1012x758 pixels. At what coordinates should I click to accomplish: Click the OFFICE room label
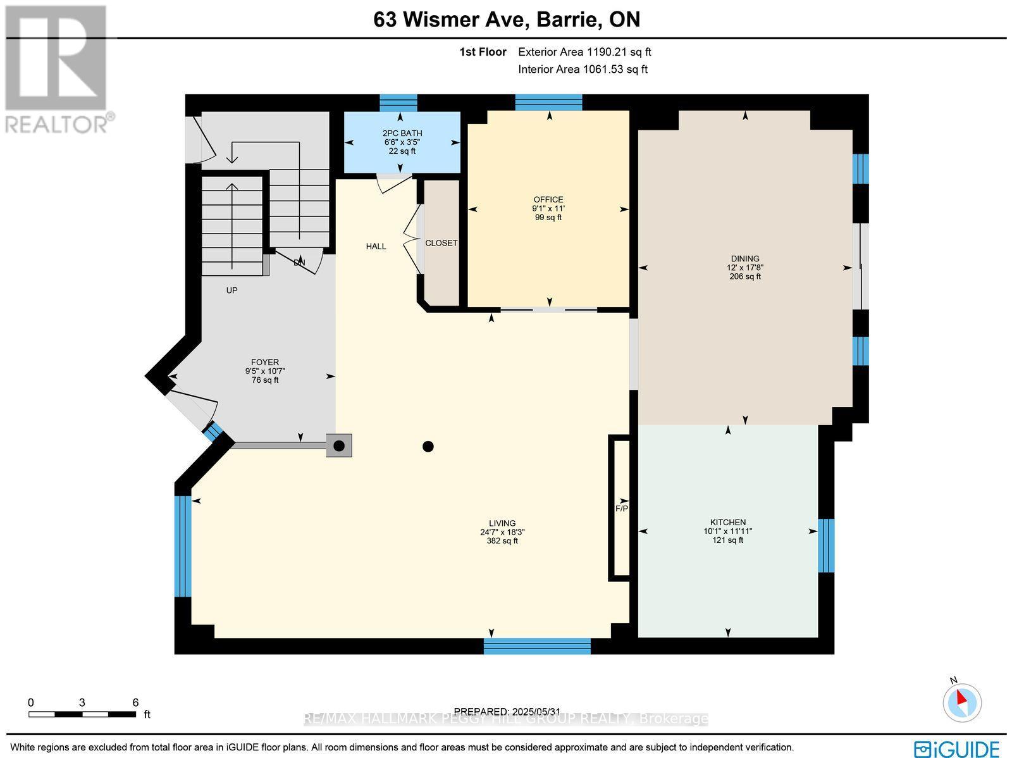(548, 200)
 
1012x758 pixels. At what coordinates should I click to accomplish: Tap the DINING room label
(745, 259)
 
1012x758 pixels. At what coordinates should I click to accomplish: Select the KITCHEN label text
(727, 523)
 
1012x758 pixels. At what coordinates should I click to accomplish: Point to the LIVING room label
(502, 523)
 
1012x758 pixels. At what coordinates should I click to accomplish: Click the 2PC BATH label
(402, 134)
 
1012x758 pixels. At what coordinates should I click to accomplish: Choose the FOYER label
(264, 363)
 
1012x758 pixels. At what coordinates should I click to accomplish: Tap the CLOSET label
(441, 243)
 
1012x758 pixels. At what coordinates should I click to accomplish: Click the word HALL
(376, 246)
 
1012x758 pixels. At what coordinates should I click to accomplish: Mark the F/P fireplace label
(622, 509)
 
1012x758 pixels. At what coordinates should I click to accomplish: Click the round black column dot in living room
(428, 447)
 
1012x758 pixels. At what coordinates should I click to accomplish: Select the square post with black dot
(339, 446)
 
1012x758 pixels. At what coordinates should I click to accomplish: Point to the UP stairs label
(232, 290)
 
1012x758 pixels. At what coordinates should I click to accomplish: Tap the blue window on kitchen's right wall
(826, 545)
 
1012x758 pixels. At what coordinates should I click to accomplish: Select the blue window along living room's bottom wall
(537, 646)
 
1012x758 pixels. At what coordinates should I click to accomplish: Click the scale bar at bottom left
(82, 714)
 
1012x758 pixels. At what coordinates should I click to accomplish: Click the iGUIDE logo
(958, 749)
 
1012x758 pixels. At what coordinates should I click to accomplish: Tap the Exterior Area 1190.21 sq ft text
(584, 53)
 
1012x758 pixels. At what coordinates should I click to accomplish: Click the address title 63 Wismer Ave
(506, 20)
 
